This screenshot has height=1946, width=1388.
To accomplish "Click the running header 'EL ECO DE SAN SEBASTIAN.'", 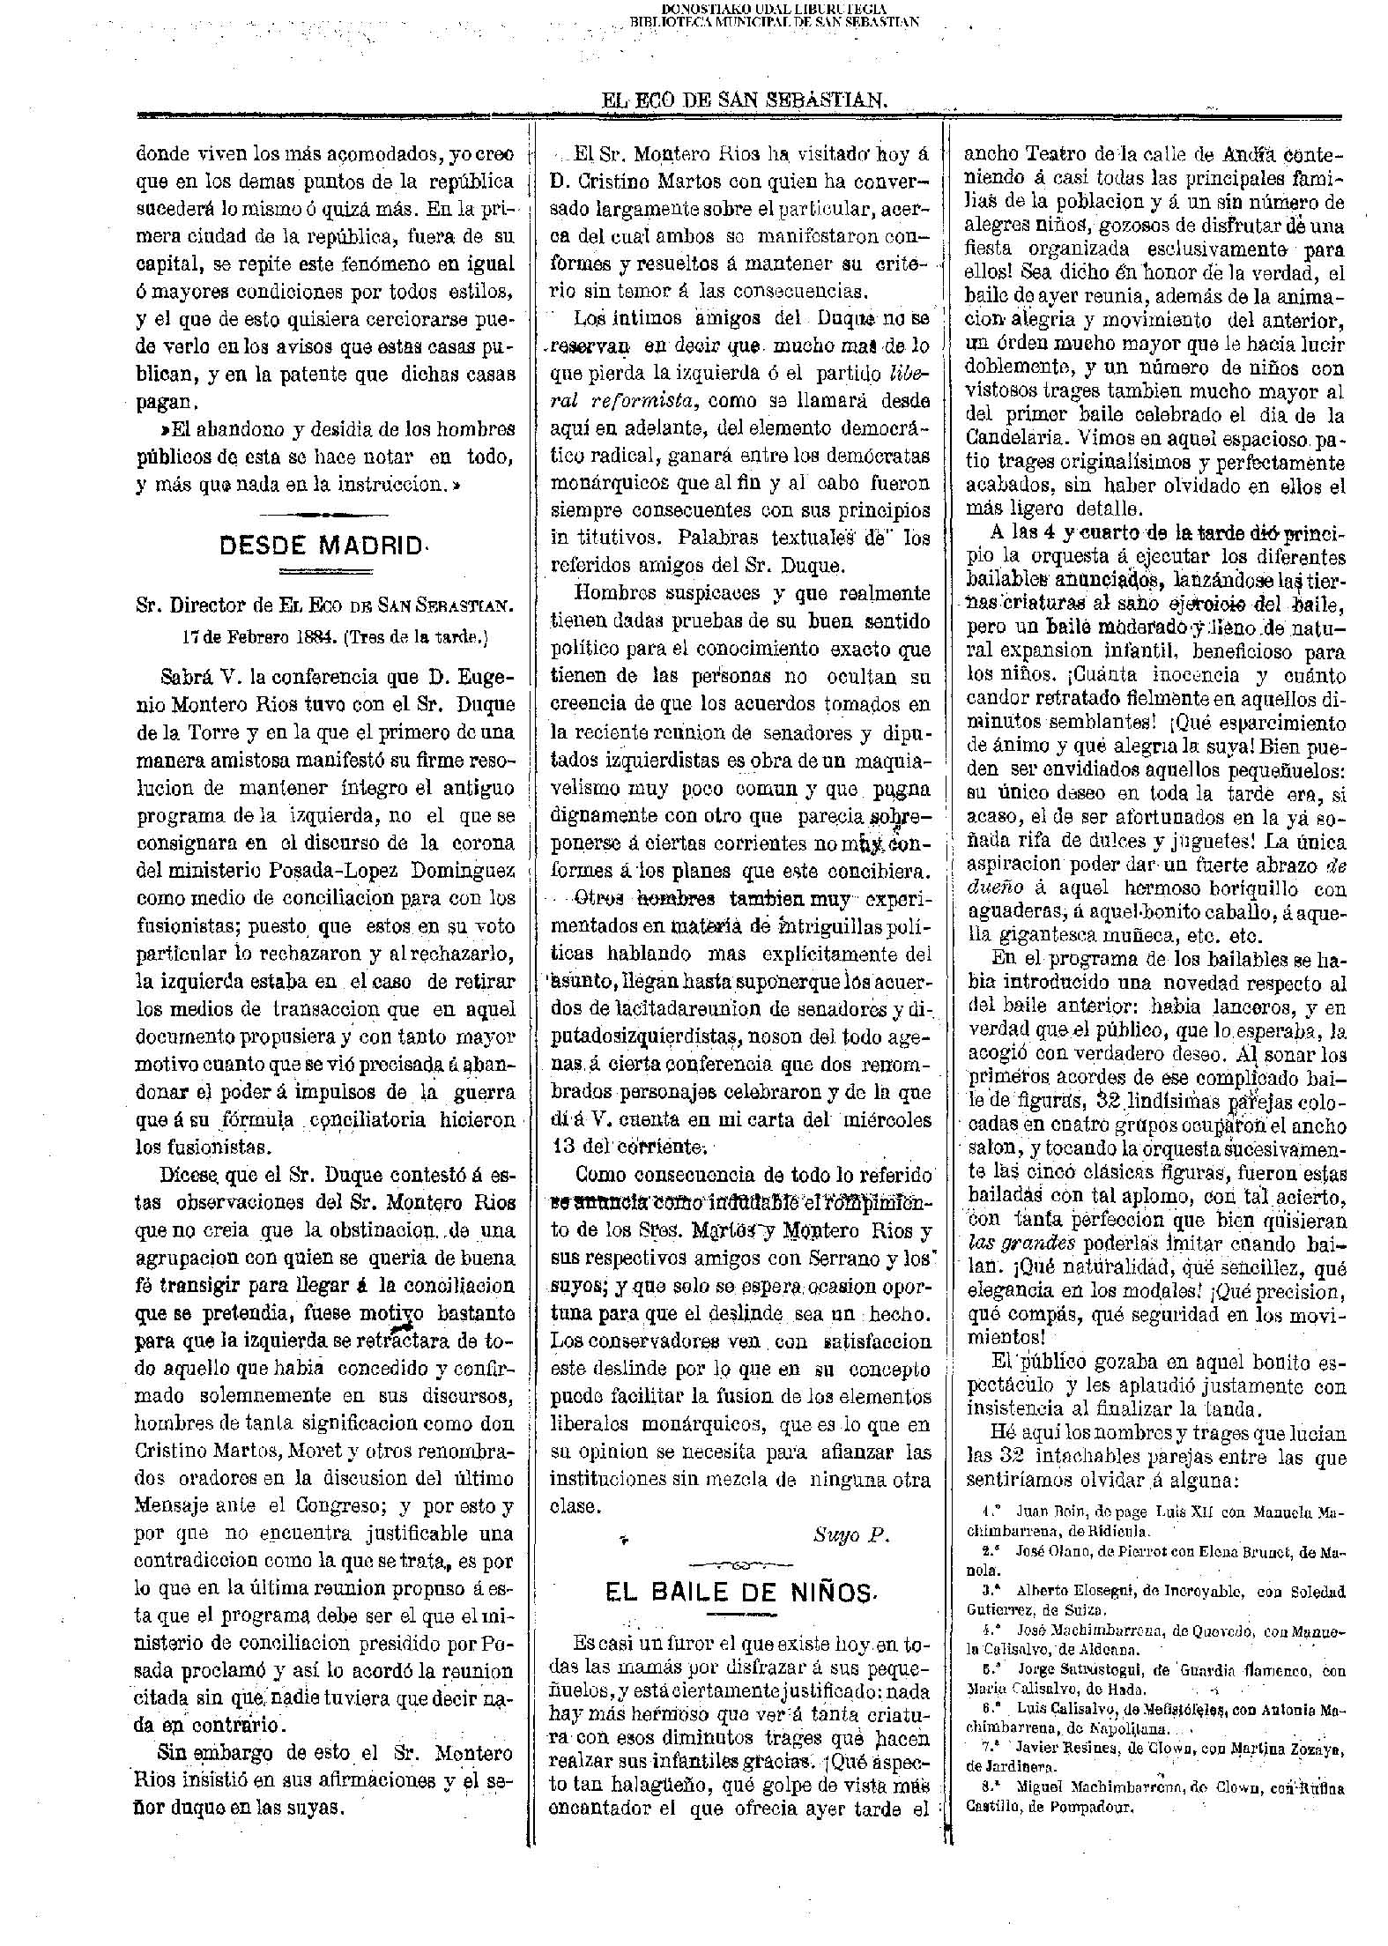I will [744, 100].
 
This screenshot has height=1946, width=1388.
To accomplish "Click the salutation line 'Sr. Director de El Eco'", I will [324, 605].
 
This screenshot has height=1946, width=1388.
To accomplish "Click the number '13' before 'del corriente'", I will [564, 1146].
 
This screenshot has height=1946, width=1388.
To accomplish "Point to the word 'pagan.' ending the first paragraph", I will [164, 402].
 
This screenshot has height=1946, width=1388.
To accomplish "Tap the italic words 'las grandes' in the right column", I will [1010, 1244].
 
